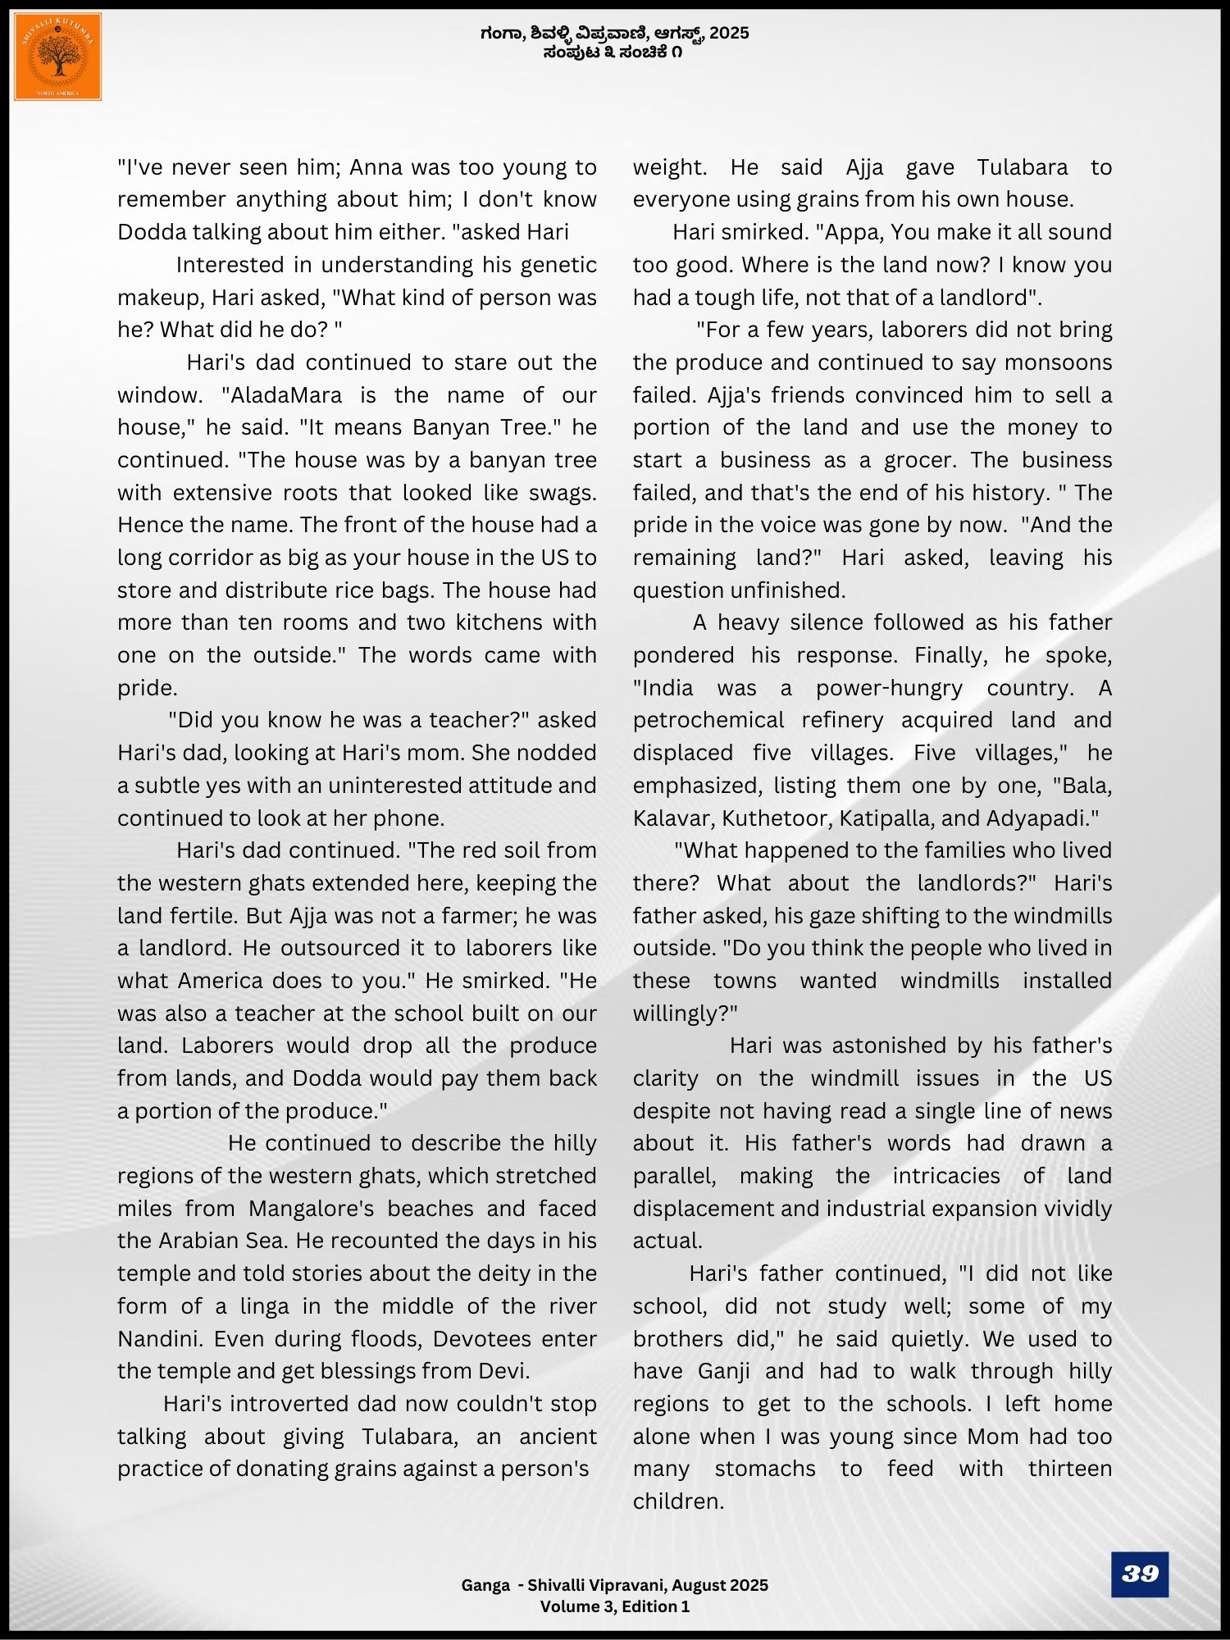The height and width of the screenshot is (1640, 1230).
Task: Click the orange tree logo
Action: tap(57, 57)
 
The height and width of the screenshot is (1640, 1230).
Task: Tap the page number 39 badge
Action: tap(1139, 1574)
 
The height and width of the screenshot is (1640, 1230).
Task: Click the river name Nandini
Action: tap(158, 1339)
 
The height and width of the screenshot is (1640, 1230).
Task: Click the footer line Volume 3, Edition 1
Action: tap(615, 1606)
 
